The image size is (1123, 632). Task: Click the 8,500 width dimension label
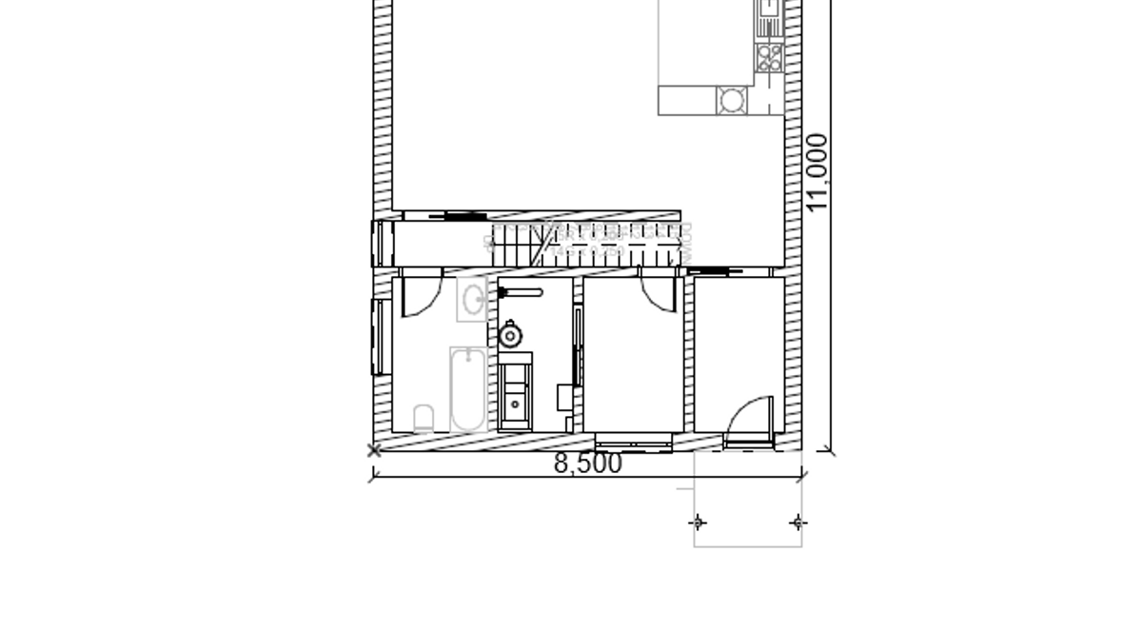pyautogui.click(x=588, y=464)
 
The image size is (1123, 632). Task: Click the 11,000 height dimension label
pyautogui.click(x=817, y=172)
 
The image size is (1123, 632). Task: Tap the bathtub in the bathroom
pyautogui.click(x=468, y=389)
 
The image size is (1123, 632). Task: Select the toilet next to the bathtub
pyautogui.click(x=424, y=419)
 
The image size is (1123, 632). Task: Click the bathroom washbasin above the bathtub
pyautogui.click(x=473, y=300)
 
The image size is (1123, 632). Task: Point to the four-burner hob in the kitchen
pyautogui.click(x=770, y=57)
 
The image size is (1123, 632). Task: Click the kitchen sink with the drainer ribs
pyautogui.click(x=769, y=19)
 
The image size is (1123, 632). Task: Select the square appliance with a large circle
pyautogui.click(x=732, y=100)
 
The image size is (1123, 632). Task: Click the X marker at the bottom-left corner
pyautogui.click(x=373, y=451)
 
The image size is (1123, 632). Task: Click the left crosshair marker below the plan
pyautogui.click(x=699, y=523)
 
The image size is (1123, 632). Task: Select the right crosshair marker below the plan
pyautogui.click(x=798, y=523)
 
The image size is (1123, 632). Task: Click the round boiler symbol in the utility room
pyautogui.click(x=510, y=335)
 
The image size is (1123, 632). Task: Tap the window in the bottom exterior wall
pyautogui.click(x=634, y=443)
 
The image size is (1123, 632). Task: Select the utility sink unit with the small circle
pyautogui.click(x=516, y=391)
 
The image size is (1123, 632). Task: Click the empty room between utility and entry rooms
pyautogui.click(x=633, y=355)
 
